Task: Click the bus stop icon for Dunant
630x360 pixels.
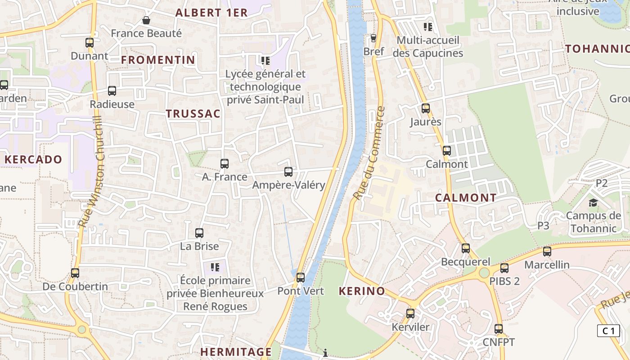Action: click(x=90, y=43)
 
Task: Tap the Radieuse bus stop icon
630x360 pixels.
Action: click(x=112, y=91)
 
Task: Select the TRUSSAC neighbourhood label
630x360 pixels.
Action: click(x=193, y=114)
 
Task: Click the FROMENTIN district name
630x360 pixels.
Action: click(x=158, y=60)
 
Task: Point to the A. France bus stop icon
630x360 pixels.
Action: click(x=225, y=164)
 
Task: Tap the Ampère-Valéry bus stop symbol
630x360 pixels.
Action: click(x=288, y=172)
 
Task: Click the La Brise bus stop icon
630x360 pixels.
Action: click(x=199, y=233)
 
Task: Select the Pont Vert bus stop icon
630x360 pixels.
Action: click(x=301, y=278)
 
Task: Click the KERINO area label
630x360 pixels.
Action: click(x=362, y=291)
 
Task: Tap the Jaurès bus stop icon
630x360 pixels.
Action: click(x=426, y=108)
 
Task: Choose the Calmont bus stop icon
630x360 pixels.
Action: click(x=447, y=151)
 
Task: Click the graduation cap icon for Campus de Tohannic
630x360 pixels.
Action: click(x=594, y=202)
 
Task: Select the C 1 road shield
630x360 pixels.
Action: click(x=608, y=331)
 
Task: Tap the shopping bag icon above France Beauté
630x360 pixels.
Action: click(x=146, y=20)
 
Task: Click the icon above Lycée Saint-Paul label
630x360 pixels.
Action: click(x=265, y=60)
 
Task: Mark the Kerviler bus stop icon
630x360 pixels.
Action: click(x=410, y=314)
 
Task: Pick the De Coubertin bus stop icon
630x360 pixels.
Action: click(x=75, y=273)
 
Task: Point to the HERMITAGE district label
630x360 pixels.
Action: click(x=236, y=351)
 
